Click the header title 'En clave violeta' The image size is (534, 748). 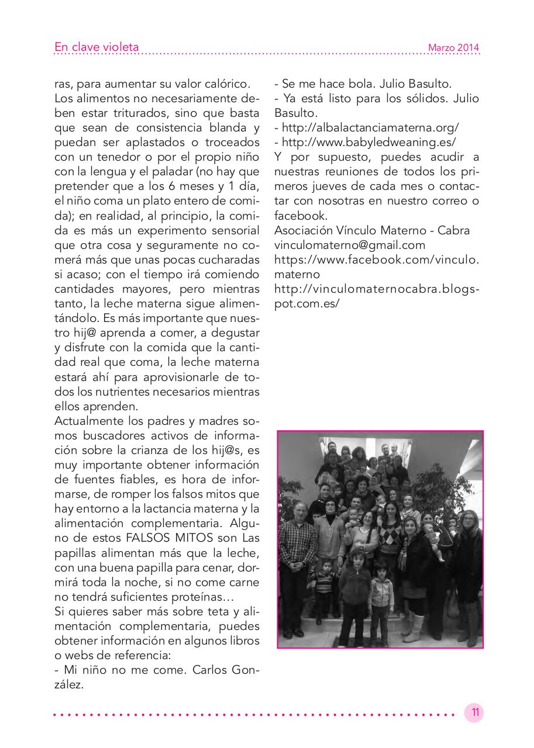tap(97, 47)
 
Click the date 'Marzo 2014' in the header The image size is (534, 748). tap(453, 48)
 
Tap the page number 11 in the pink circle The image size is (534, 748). tap(474, 712)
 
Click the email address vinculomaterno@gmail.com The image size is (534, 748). tap(350, 245)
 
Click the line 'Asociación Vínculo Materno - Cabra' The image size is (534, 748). tap(371, 230)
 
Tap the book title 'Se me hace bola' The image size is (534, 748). tap(323, 83)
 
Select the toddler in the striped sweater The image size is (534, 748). tap(323, 584)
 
